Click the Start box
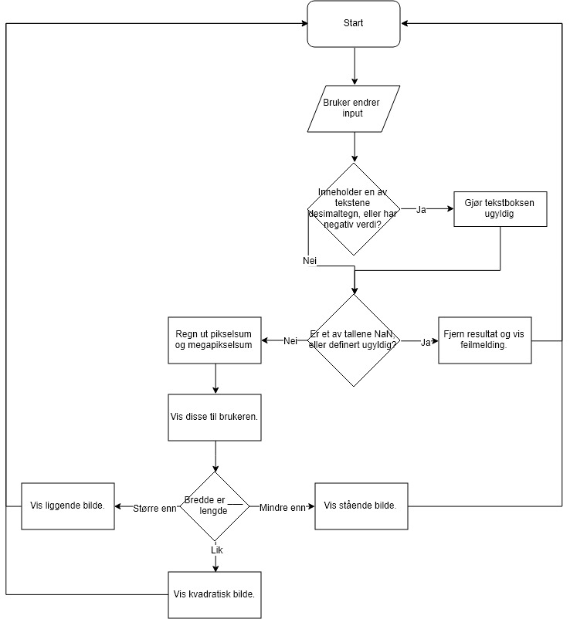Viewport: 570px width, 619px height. tap(354, 23)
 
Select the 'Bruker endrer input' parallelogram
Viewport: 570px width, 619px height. tap(354, 108)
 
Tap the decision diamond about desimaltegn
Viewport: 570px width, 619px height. tap(354, 208)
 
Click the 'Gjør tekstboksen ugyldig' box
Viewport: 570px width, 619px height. tap(500, 208)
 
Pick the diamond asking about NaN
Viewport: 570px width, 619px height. tap(354, 340)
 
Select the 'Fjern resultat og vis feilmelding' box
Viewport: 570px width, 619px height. tap(484, 340)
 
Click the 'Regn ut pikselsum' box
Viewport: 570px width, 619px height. tap(215, 340)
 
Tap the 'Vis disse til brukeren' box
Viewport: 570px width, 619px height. tap(215, 417)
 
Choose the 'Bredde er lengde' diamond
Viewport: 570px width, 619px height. tap(215, 506)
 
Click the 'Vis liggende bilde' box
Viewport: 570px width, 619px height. tap(68, 506)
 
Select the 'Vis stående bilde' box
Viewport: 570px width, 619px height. tap(361, 506)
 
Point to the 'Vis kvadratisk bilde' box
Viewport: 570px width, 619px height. tap(215, 594)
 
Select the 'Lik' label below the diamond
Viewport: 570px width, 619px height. tap(216, 550)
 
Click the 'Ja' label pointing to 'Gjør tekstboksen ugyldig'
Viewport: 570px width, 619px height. tap(422, 209)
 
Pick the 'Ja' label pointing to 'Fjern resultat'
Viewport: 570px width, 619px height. tap(426, 341)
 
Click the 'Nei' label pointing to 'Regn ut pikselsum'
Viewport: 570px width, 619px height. tap(290, 341)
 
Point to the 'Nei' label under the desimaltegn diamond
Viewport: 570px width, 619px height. tap(310, 261)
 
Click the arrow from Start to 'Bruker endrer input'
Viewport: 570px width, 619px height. tap(354, 66)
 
